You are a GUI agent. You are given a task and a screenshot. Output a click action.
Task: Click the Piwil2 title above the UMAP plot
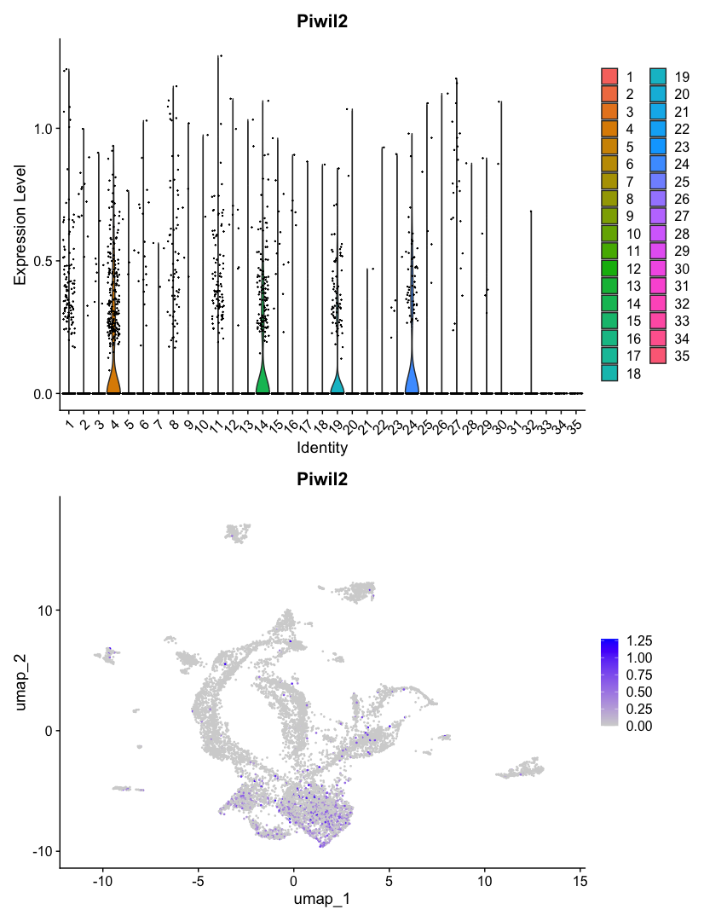[x=323, y=480]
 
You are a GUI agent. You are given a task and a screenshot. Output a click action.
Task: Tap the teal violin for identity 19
[x=337, y=384]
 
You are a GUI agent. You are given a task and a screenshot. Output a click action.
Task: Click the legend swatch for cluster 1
[x=609, y=76]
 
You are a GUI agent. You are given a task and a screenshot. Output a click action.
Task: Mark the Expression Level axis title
[x=20, y=225]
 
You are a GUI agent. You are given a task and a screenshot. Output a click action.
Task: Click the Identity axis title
[x=322, y=446]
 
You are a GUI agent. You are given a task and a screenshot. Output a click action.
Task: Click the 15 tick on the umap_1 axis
[x=580, y=878]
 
